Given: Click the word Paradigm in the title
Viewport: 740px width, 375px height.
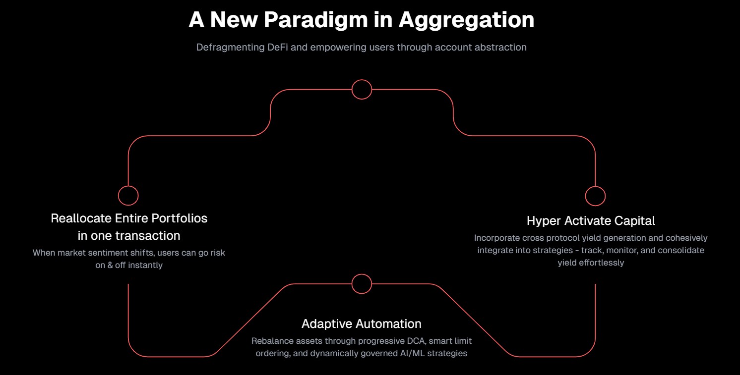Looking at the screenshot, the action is coord(316,20).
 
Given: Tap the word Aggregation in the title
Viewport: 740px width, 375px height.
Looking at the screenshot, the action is coord(466,20).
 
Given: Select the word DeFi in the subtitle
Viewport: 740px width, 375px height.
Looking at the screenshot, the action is coord(278,47).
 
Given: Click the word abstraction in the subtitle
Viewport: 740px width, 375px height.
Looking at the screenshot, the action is coord(500,47).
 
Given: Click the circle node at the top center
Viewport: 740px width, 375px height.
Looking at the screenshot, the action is coord(362,89).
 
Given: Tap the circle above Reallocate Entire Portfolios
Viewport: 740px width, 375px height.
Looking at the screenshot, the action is coord(128,196).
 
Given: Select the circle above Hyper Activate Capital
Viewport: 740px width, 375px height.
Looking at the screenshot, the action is coord(595,196).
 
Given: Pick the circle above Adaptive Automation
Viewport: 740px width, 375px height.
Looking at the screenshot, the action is coord(362,284).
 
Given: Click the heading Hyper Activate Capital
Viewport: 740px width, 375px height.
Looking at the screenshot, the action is coord(591,220).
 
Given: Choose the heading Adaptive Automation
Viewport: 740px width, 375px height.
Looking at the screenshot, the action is coord(362,324).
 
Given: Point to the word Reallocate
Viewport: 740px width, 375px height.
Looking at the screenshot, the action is coord(81,218).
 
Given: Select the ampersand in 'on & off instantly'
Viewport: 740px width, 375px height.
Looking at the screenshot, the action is coord(110,265).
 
